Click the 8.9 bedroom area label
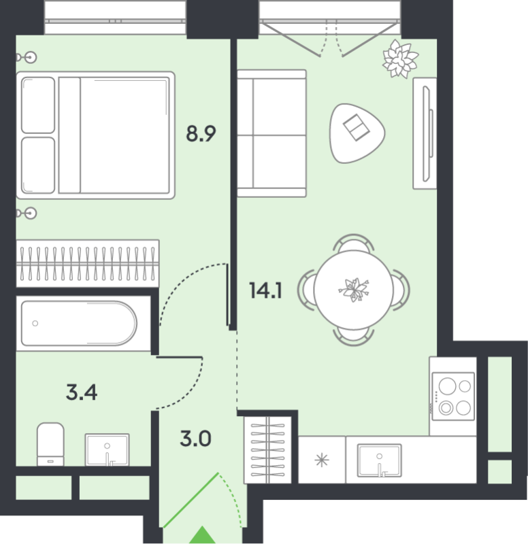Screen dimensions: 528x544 pos(201,134)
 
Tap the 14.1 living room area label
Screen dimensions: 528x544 pos(265,291)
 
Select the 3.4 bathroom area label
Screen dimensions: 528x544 pos(82,392)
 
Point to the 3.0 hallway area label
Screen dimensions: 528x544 pos(195,439)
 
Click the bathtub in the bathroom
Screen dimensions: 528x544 pos(79,324)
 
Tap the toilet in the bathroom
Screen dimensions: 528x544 pos(50,444)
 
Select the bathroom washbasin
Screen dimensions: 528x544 pos(108,449)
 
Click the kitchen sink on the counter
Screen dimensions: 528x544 pos(380,460)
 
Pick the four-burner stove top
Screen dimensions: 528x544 pos(453,396)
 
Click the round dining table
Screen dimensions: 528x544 pos(353,290)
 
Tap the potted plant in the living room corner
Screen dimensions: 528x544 pos(400,58)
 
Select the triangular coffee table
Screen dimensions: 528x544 pos(357,133)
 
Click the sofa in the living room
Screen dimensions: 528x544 pos(271,133)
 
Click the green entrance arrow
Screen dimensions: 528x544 pos(202,535)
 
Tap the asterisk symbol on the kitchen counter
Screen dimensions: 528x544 pos(321,460)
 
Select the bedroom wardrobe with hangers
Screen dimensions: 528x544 pos(88,264)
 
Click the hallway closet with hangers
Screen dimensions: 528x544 pos(267,450)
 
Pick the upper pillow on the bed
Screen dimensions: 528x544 pos(38,105)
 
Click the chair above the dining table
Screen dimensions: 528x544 pos(353,243)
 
